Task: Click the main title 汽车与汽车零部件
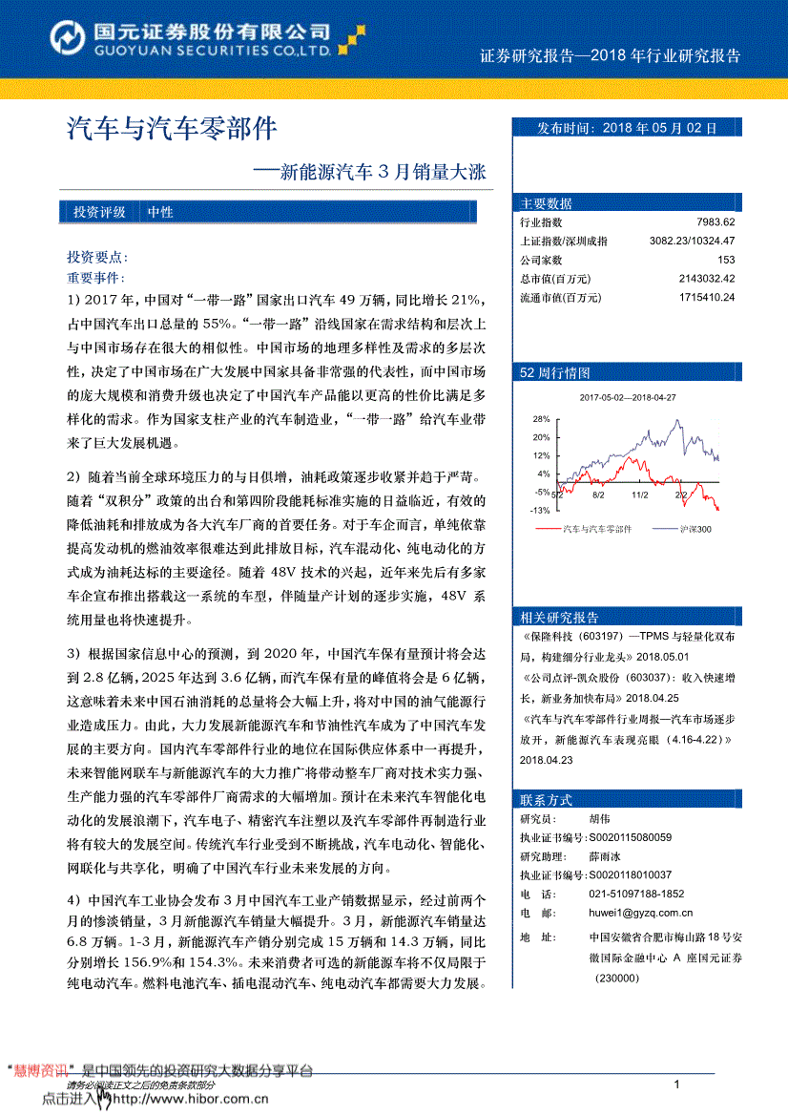coord(171,129)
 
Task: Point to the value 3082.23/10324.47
coord(691,242)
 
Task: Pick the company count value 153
coord(725,260)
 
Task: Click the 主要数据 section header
coord(547,203)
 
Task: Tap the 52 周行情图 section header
coord(555,372)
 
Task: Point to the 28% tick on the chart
coord(541,419)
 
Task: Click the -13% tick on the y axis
coord(540,510)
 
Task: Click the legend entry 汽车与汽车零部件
coord(597,528)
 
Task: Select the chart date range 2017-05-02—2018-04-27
coord(627,397)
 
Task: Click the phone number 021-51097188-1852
coord(636,894)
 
